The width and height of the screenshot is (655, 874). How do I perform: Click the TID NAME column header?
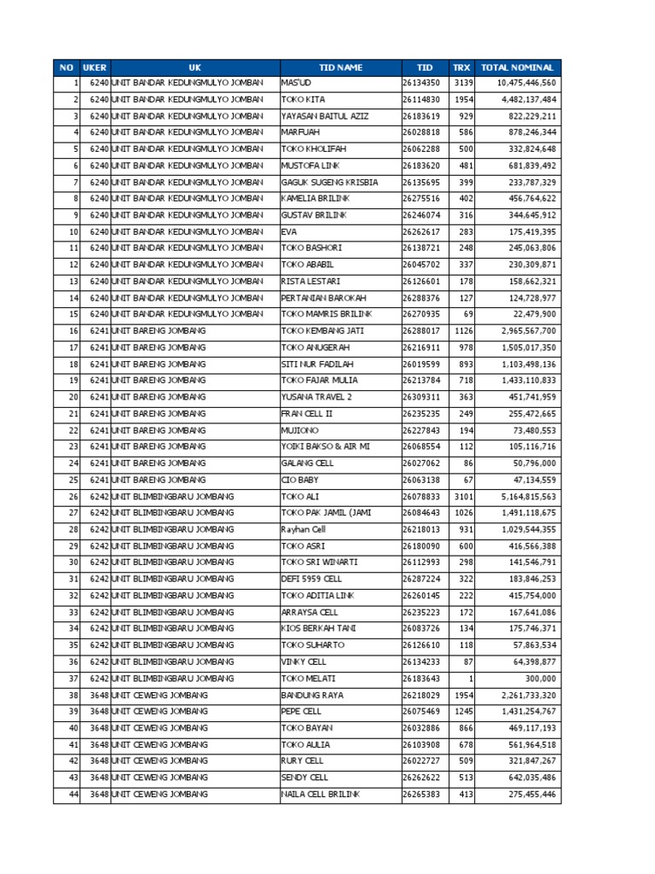pos(340,67)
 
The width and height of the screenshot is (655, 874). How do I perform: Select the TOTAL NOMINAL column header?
pos(517,67)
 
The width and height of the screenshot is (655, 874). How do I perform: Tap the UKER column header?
pos(94,67)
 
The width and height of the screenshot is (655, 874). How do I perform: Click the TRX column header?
pos(461,67)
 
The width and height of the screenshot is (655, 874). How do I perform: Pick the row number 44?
pos(73,795)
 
